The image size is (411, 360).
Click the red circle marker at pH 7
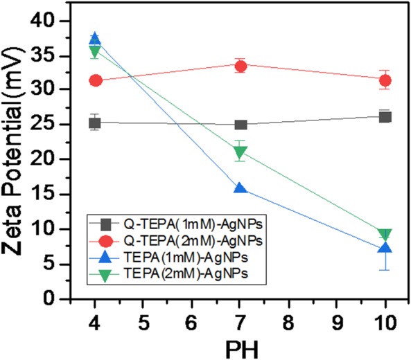tap(241, 66)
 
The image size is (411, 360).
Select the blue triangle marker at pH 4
tap(96, 39)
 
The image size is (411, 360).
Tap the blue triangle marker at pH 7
tap(241, 188)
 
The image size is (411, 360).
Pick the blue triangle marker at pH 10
tap(385, 248)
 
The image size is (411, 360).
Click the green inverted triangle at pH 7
tap(241, 154)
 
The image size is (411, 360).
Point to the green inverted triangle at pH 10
tap(385, 235)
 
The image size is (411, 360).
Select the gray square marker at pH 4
tap(96, 123)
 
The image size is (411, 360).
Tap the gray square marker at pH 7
tap(241, 125)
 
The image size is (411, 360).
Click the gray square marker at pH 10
tap(385, 117)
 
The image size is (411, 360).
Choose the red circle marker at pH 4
tap(96, 81)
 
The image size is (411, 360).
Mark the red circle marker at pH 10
tap(385, 81)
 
